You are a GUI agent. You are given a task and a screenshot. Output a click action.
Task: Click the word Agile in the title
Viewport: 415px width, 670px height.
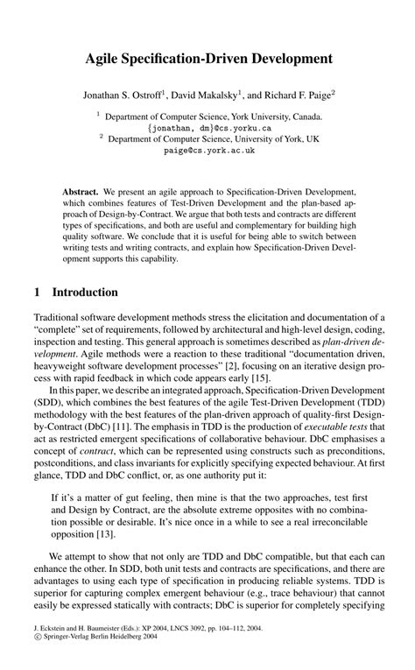tap(104, 60)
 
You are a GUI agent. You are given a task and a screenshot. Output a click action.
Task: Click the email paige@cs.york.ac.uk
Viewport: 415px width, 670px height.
tap(208, 150)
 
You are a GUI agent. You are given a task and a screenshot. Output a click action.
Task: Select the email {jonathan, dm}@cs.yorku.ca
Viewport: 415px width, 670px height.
tap(208, 126)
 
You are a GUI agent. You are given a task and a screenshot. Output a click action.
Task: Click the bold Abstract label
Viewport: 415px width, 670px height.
tap(81, 190)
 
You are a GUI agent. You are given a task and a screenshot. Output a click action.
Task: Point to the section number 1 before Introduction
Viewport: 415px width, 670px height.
tap(38, 291)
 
